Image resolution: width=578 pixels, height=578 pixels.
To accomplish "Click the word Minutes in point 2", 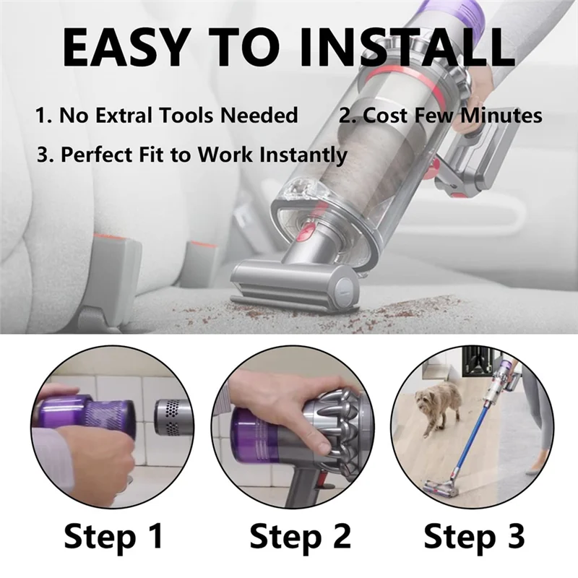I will pos(501,115).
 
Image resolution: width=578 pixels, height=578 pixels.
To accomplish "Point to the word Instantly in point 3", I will pos(303,154).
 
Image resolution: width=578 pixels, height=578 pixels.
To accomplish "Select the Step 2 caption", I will pos(300,538).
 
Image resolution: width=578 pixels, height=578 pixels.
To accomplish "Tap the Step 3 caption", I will pos(474,538).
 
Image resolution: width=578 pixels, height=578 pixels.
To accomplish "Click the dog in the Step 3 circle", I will pos(439,406).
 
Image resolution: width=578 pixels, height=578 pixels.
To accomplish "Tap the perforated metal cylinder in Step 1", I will pos(173,417).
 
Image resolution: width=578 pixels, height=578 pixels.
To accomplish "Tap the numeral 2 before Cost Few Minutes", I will pos(345,115).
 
